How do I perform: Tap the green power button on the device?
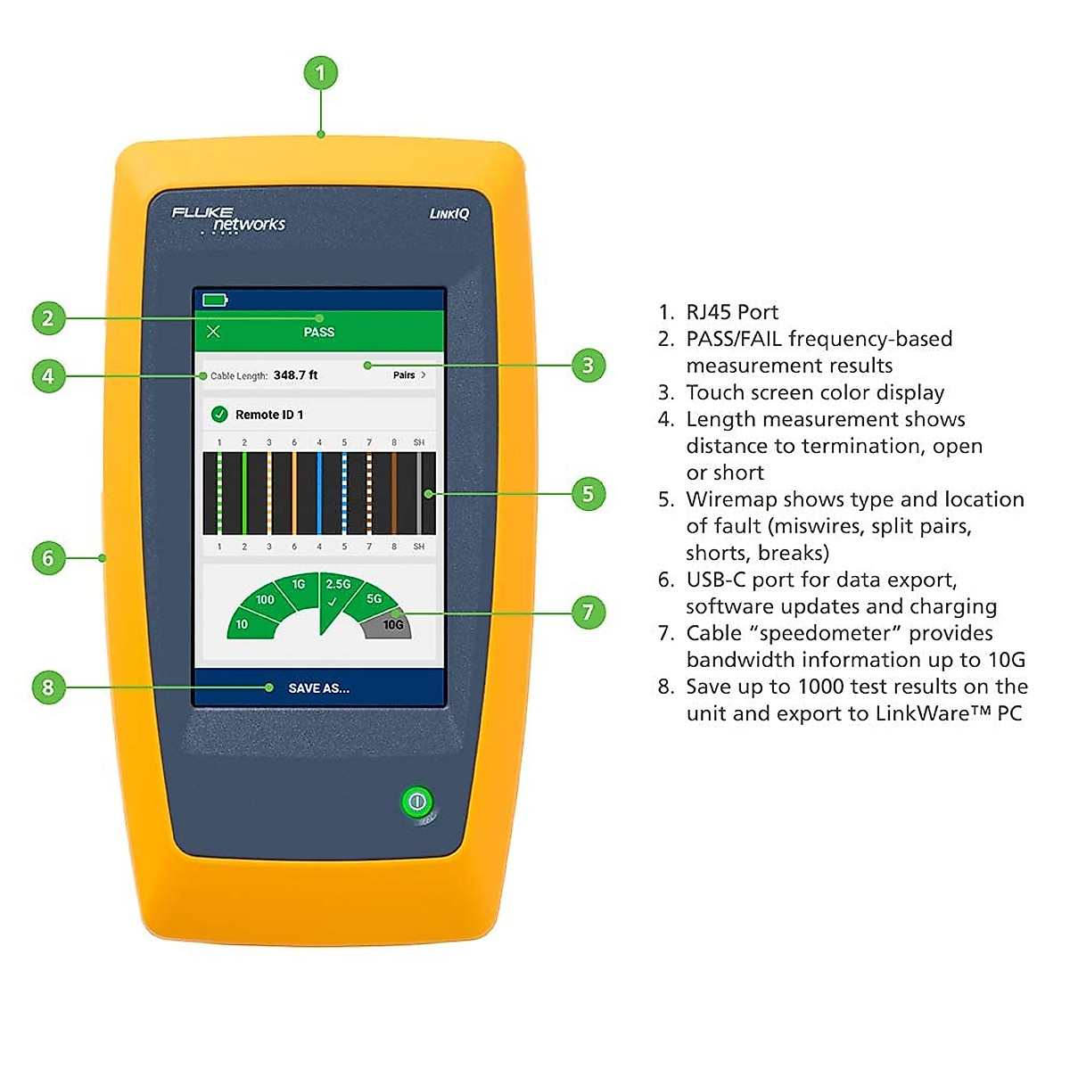(416, 802)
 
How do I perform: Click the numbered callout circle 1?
(321, 73)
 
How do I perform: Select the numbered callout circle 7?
(588, 612)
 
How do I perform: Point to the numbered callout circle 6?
(48, 558)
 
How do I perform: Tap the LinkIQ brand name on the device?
(449, 214)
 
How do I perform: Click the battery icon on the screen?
(215, 300)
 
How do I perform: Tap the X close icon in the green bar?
(213, 332)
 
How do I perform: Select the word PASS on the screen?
(318, 332)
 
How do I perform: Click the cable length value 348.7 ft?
(295, 375)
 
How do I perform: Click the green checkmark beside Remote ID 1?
(219, 415)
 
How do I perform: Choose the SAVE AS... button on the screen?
(318, 688)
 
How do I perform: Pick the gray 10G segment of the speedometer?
(391, 625)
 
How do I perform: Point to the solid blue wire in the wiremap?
(319, 493)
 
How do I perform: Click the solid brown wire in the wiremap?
(394, 493)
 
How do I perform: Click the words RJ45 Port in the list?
(731, 312)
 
